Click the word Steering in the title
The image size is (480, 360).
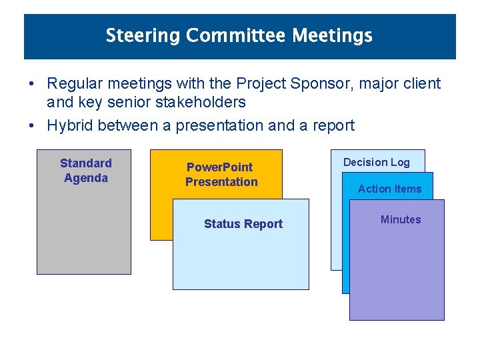(143, 35)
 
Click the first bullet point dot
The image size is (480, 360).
(31, 84)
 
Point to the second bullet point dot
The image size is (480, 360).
(31, 125)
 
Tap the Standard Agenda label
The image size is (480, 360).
(85, 171)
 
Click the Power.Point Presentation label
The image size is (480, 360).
(221, 175)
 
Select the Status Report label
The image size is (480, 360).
(243, 224)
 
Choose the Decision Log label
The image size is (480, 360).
(376, 162)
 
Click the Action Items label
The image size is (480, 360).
(389, 189)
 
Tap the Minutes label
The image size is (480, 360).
(400, 219)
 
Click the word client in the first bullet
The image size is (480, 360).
(423, 84)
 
